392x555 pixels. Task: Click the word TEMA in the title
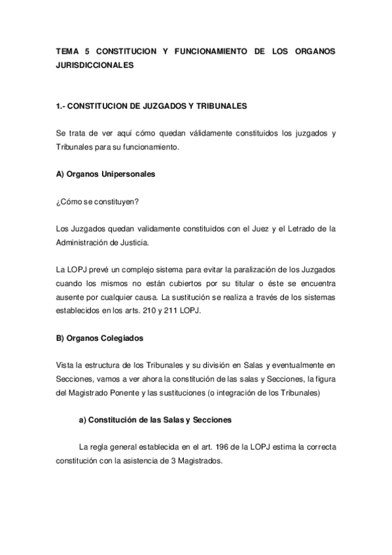tap(67, 50)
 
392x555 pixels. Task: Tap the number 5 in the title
tap(88, 50)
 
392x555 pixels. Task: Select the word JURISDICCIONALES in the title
tap(95, 65)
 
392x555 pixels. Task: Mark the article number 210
tap(165, 311)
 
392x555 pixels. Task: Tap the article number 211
tap(187, 311)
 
